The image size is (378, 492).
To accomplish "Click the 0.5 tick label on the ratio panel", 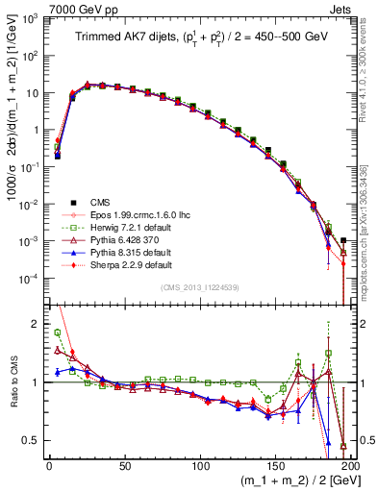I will [33, 440].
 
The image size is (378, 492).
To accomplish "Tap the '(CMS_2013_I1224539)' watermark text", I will [199, 288].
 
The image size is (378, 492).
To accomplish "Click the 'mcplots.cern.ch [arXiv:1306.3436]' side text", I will [371, 231].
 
